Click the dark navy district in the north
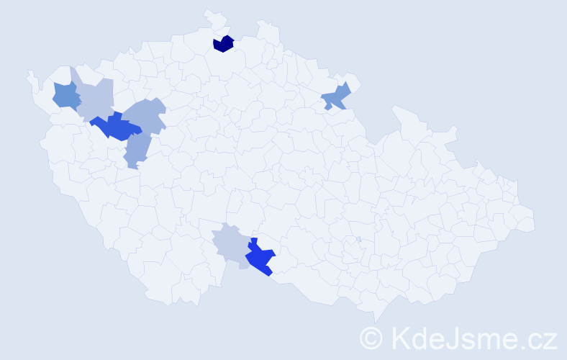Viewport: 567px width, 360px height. click(x=223, y=44)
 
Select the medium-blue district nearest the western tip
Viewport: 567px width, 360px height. click(x=65, y=96)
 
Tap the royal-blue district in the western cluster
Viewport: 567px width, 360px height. click(x=115, y=127)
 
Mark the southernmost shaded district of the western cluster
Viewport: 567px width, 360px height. click(x=136, y=150)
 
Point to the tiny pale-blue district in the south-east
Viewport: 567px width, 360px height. click(x=358, y=239)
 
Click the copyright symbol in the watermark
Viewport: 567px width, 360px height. click(x=372, y=338)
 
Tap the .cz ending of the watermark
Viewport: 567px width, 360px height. click(x=536, y=338)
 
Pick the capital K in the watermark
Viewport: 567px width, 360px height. click(x=399, y=338)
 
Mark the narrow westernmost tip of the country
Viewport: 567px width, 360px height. click(x=30, y=73)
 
